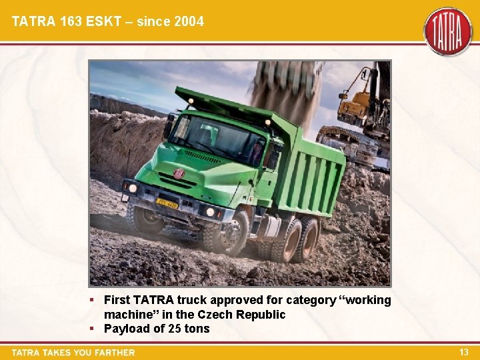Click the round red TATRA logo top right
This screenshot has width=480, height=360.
click(447, 31)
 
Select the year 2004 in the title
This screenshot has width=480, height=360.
click(189, 21)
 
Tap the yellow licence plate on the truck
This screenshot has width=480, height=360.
click(167, 202)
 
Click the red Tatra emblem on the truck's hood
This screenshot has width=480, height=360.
click(179, 173)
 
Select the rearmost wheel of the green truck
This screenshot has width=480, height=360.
click(308, 237)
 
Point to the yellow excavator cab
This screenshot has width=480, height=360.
click(354, 105)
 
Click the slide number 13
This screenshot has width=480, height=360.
click(464, 352)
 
